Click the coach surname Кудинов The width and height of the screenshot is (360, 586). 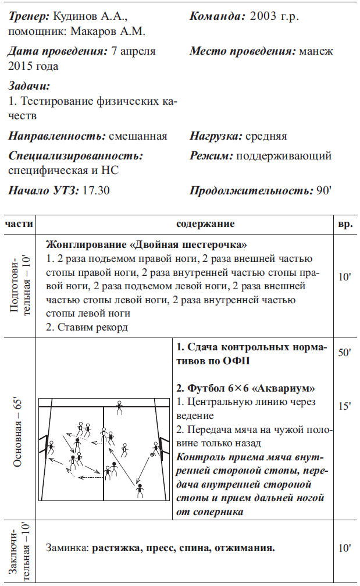coord(76,16)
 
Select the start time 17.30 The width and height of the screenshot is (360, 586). coord(97,190)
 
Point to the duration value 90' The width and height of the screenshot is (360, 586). coord(323,190)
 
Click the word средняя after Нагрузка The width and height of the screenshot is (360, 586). coord(266,136)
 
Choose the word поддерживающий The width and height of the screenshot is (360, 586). coord(284,156)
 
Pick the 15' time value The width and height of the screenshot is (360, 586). coord(344,406)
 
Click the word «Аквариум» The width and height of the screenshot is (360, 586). coord(287,388)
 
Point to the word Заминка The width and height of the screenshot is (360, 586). coord(68,548)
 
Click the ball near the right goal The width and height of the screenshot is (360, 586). coord(152,453)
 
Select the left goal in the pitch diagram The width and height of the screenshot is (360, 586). coord(42,447)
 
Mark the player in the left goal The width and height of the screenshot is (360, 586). coord(51,448)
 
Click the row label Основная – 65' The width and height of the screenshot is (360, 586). coord(18,427)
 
